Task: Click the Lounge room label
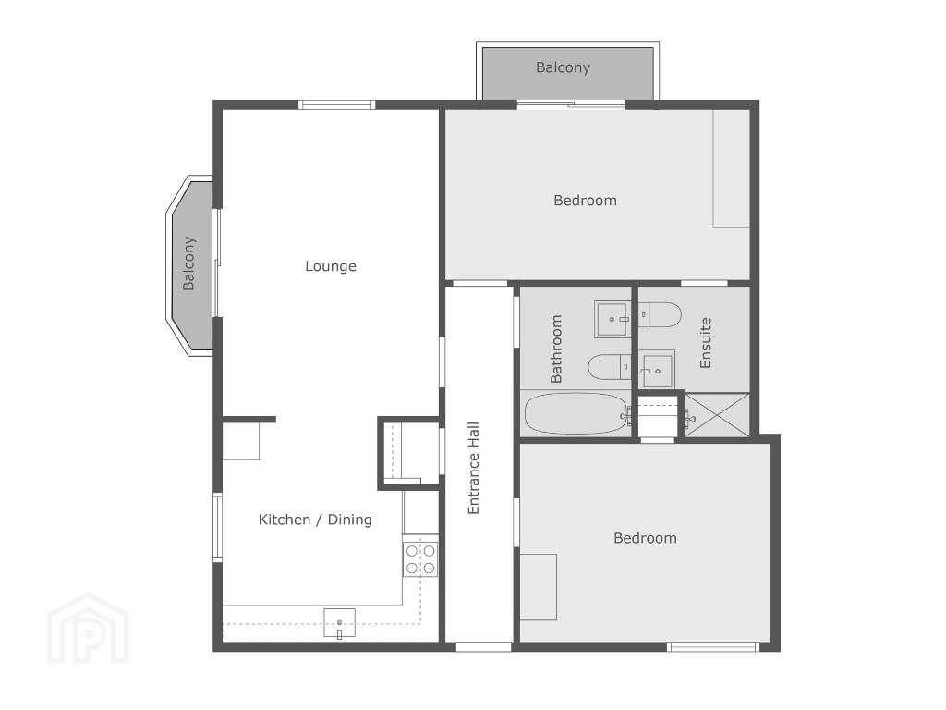coord(330,266)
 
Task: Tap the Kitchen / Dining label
coord(315,520)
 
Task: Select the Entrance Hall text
coord(474,468)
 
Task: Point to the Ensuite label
coord(705,343)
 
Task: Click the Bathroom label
coord(555,349)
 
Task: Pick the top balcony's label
coord(563,67)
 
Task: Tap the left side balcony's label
coord(188,263)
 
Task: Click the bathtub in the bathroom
coord(576,413)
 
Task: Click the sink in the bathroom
coord(612,319)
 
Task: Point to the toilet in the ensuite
coord(660,314)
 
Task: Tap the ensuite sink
coord(657,370)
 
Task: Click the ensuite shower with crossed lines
coord(717,414)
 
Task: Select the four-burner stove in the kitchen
coord(420,559)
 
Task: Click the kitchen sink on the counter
coord(340,623)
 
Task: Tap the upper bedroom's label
coord(585,201)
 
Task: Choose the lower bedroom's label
coord(645,538)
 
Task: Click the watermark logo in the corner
coord(88,628)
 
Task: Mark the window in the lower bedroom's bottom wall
coord(713,647)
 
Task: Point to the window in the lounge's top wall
coord(337,105)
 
